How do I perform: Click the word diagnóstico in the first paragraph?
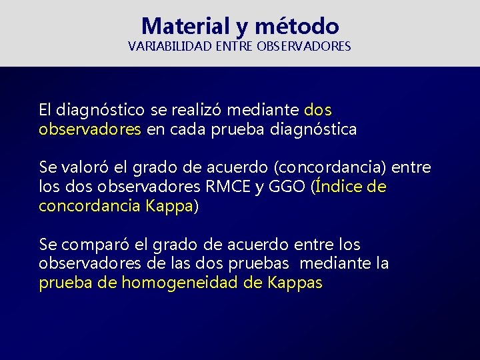click(x=95, y=109)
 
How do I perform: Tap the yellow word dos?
click(x=317, y=109)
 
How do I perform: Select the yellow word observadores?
click(x=90, y=129)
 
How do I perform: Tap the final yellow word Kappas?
click(x=295, y=283)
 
